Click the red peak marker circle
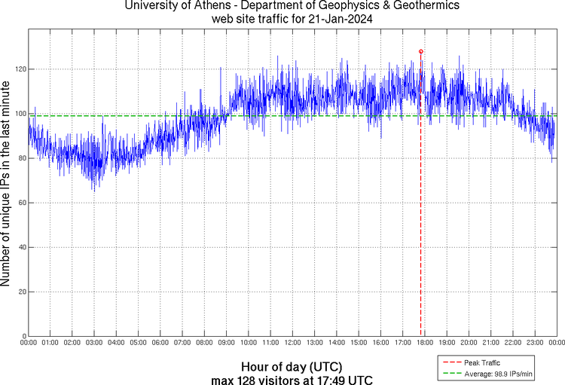[x=420, y=51]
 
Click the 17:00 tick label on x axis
[x=402, y=343]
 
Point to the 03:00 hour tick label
[x=94, y=343]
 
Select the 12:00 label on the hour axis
[x=292, y=343]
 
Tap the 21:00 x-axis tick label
[x=490, y=343]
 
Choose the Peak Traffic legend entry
[x=482, y=362]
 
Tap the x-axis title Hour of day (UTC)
[x=289, y=365]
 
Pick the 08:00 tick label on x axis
[x=204, y=343]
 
